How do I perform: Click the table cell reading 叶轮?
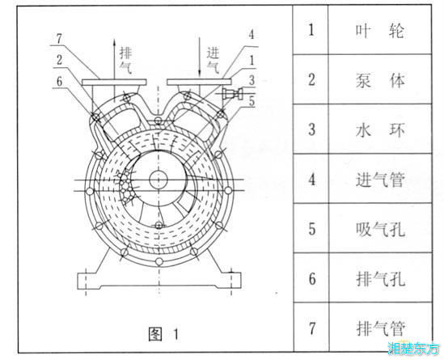[x=380, y=30]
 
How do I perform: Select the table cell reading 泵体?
[x=380, y=80]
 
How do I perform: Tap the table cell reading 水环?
[x=380, y=130]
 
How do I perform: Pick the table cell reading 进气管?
[x=380, y=180]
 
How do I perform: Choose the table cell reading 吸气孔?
[x=380, y=229]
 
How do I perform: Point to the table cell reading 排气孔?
[x=380, y=279]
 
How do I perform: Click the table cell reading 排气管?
[x=380, y=328]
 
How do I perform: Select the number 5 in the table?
[x=311, y=229]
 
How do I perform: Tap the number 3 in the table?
[x=311, y=129]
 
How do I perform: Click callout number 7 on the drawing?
[x=59, y=39]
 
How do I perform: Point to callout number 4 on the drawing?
[x=252, y=35]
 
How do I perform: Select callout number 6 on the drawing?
[x=59, y=82]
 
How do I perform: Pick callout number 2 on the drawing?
[x=59, y=60]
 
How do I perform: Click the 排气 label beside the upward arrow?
[x=125, y=60]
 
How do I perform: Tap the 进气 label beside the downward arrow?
[x=213, y=60]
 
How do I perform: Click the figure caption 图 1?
[x=163, y=334]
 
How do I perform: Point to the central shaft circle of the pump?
[x=159, y=180]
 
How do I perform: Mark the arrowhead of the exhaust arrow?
[x=114, y=41]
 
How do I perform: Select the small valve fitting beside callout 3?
[x=232, y=94]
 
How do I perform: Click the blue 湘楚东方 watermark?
[x=412, y=348]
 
